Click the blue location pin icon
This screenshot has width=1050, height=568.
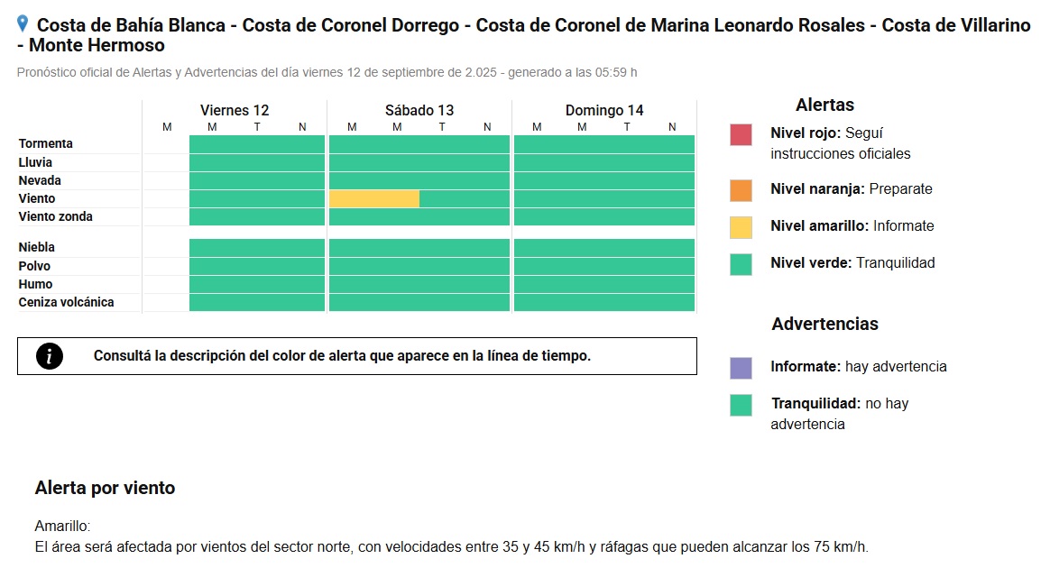point(22,24)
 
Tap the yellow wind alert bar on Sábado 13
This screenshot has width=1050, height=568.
point(374,198)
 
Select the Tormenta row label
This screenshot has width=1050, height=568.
point(45,144)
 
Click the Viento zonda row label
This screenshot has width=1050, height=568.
point(56,216)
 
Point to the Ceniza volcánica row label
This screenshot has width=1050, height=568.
point(66,302)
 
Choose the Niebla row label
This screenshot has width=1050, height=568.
point(37,248)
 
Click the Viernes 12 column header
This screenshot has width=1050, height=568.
point(235,110)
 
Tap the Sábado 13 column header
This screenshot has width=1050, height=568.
point(419,110)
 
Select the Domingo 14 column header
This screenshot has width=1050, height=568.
point(604,110)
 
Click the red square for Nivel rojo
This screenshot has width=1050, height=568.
point(741,134)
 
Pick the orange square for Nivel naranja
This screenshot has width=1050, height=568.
point(741,190)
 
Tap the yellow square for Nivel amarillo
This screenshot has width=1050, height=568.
point(741,227)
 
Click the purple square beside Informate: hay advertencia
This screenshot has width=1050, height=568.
point(741,368)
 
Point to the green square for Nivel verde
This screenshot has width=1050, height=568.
point(741,264)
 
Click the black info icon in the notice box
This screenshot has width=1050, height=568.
point(50,356)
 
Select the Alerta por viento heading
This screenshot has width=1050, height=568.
point(106,488)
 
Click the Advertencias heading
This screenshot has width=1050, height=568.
point(825,324)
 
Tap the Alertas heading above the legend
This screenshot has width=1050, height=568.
point(825,105)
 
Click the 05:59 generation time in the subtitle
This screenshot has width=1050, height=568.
point(612,72)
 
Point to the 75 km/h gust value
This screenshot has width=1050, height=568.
point(841,546)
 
